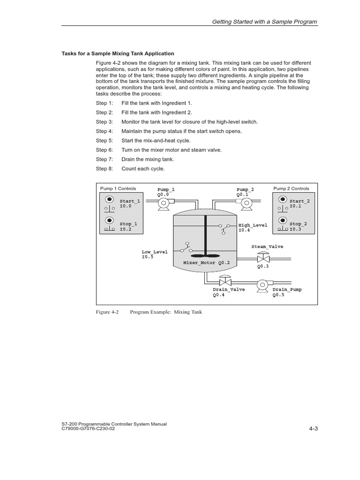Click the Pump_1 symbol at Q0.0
(x=164, y=202)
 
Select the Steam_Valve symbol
(x=262, y=258)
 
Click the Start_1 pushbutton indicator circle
(x=109, y=199)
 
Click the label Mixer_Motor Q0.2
(x=206, y=263)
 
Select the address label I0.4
(x=244, y=230)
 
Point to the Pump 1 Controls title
(x=118, y=188)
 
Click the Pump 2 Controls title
(x=291, y=188)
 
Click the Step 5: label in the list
(x=105, y=141)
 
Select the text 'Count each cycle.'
(x=143, y=169)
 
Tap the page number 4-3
(x=314, y=428)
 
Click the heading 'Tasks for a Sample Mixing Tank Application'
(x=118, y=53)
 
